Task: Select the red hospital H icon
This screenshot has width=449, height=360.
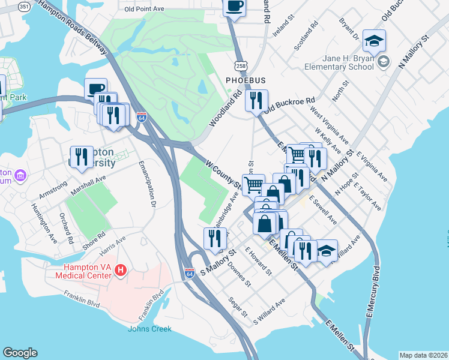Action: (121, 271)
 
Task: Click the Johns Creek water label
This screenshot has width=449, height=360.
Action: (149, 329)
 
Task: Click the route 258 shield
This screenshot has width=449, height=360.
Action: (241, 65)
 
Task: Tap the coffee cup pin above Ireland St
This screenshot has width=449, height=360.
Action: (234, 7)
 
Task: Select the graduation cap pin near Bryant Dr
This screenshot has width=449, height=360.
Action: (374, 41)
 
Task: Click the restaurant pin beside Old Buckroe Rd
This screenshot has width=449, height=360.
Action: (256, 101)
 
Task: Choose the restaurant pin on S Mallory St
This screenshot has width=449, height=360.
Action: (215, 239)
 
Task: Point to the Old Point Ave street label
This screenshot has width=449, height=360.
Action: (144, 10)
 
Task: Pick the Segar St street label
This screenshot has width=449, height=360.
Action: (237, 307)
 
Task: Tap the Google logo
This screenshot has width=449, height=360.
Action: (20, 353)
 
